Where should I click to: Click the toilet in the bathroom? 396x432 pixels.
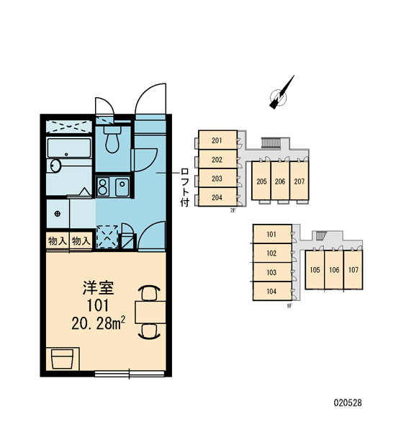(x=112, y=140)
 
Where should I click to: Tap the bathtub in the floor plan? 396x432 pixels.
(x=69, y=148)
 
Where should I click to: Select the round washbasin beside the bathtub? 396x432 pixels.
(x=55, y=166)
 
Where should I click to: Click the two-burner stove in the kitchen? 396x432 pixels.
(x=102, y=186)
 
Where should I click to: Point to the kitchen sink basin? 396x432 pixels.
(x=122, y=187)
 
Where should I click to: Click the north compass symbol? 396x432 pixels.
(x=280, y=94)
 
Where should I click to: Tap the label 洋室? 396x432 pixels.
(x=98, y=287)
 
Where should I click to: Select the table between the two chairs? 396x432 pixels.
(x=150, y=312)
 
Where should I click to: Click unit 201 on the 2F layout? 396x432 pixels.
(x=217, y=140)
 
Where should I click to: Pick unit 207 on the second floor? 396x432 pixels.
(x=300, y=181)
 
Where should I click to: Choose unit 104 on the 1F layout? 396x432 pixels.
(x=272, y=291)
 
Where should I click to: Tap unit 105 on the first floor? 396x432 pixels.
(x=315, y=270)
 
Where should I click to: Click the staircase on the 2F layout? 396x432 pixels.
(x=271, y=143)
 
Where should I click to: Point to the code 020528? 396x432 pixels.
(x=348, y=402)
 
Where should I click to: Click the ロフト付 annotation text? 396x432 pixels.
(x=184, y=187)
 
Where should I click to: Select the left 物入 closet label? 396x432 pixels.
(x=58, y=241)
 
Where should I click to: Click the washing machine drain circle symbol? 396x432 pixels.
(x=58, y=214)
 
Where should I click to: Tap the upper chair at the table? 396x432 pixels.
(x=150, y=293)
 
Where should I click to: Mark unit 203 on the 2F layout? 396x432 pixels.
(x=217, y=179)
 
